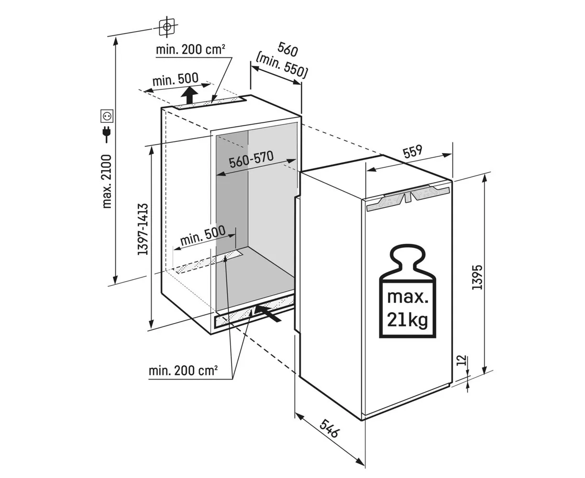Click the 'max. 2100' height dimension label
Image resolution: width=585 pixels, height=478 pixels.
(x=107, y=181)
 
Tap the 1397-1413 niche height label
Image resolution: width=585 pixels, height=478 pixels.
(x=143, y=229)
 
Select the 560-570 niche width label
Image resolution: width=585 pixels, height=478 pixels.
(x=251, y=160)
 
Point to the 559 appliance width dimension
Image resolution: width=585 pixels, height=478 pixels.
(x=412, y=152)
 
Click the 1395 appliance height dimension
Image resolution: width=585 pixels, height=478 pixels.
(x=477, y=277)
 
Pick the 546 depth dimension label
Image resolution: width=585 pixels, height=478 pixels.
(x=330, y=428)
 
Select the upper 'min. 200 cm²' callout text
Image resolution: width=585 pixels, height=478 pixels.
(x=190, y=49)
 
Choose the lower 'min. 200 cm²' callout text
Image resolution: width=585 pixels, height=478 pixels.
(x=183, y=370)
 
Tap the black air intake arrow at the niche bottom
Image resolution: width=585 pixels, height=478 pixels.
(x=268, y=313)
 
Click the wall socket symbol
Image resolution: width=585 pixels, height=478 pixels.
(x=107, y=116)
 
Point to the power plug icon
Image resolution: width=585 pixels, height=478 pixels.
(x=107, y=134)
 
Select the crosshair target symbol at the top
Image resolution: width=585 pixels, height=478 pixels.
(x=167, y=27)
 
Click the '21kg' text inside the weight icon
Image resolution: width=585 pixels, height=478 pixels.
(x=408, y=320)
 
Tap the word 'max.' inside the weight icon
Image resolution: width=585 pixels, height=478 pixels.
(x=408, y=297)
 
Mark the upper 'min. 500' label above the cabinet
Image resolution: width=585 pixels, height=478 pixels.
(x=175, y=79)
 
